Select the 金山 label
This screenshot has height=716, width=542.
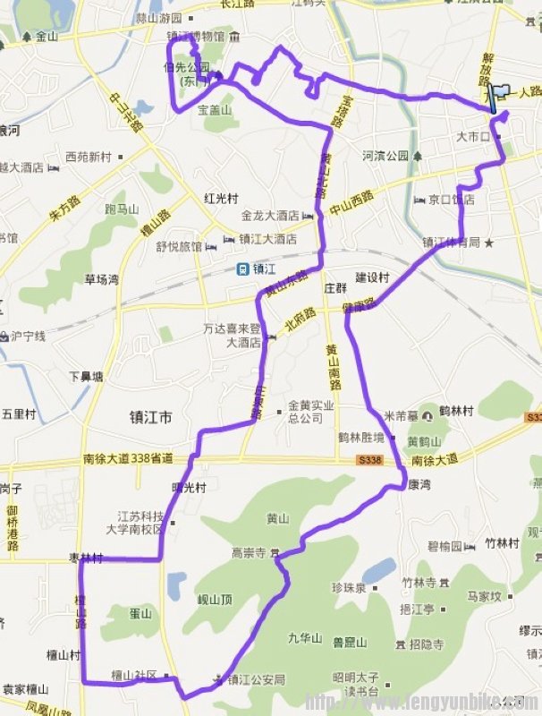tap(46, 36)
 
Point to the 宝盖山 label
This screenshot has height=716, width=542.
tap(215, 110)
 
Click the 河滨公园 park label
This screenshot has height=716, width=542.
tap(385, 155)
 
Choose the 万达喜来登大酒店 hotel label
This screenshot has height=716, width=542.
tap(230, 336)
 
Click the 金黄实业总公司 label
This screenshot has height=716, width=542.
tap(310, 412)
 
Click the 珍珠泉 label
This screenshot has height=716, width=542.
tap(349, 587)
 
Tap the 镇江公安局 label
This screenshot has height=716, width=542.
tap(257, 680)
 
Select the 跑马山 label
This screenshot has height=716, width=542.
tap(122, 209)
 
